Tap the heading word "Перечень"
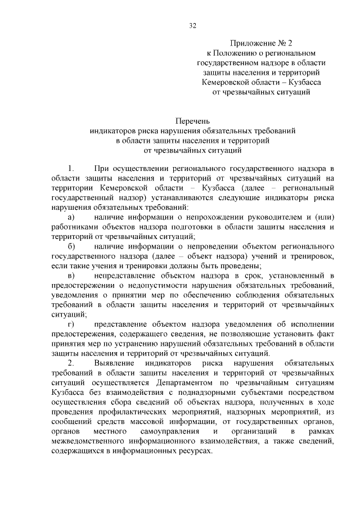pyautogui.click(x=192, y=121)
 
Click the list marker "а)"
pyautogui.click(x=70, y=217)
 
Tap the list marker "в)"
pyautogui.click(x=70, y=276)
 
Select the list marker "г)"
pyautogui.click(x=70, y=325)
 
